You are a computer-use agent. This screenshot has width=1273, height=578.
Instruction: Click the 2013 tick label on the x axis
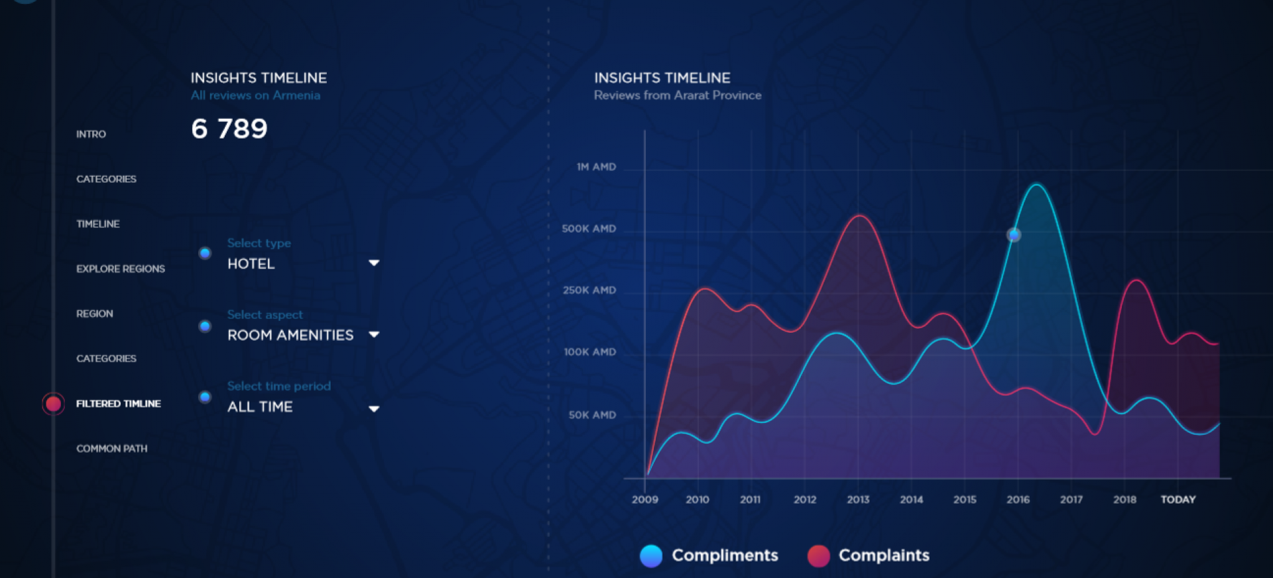tap(858, 499)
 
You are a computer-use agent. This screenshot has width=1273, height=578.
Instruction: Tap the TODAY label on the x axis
tap(1178, 499)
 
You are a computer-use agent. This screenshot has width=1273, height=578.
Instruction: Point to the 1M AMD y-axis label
tap(596, 167)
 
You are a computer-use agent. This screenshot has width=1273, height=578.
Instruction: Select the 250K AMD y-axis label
tap(589, 290)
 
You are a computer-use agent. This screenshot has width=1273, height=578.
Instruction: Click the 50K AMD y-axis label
tap(592, 415)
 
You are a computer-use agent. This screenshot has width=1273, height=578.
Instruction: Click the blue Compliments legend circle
tap(651, 555)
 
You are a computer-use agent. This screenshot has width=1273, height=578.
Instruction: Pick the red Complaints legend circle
tap(819, 555)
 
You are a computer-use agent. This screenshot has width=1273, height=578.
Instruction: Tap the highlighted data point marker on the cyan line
tap(1014, 235)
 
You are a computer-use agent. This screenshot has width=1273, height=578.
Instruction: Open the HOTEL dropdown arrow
tap(374, 263)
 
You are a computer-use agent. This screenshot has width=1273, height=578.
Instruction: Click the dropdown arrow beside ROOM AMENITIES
tap(374, 335)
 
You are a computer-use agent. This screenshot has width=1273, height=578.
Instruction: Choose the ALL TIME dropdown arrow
tap(374, 408)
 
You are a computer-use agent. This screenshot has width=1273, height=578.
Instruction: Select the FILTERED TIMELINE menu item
tap(119, 404)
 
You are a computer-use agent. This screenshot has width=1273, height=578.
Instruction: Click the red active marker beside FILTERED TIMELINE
tap(54, 404)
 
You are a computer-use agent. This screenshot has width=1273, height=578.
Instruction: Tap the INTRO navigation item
tap(91, 134)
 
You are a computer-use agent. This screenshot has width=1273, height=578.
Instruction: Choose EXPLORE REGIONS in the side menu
tap(121, 268)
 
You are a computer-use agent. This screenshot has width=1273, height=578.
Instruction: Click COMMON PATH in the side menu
tap(112, 449)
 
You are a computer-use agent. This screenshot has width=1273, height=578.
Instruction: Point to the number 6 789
tap(229, 129)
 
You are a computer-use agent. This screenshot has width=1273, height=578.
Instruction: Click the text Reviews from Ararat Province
tap(678, 95)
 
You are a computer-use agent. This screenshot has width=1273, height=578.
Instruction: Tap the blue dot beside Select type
tap(206, 253)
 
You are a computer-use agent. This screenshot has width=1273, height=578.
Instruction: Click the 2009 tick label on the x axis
tap(645, 499)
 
